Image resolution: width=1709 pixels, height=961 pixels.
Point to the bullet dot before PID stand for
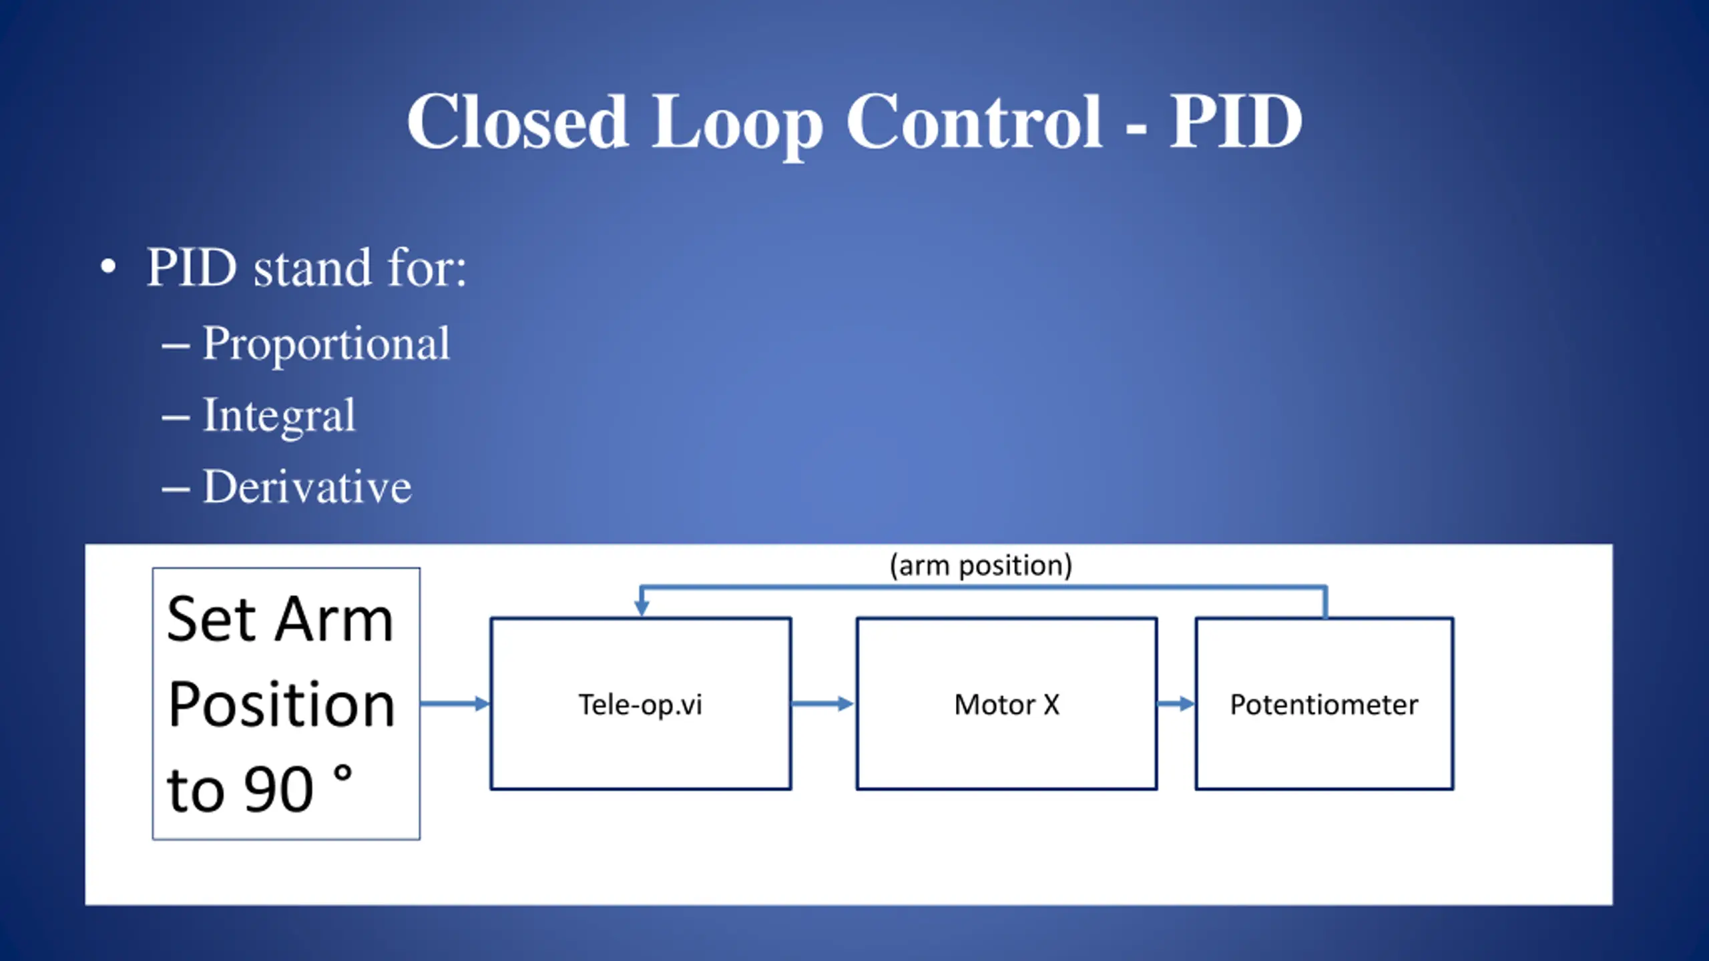[108, 268]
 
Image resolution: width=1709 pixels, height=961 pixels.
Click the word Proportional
[326, 344]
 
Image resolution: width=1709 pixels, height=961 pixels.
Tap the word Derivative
[307, 487]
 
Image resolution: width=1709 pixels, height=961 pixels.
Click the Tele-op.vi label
[640, 705]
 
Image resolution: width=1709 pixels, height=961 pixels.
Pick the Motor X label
[1007, 705]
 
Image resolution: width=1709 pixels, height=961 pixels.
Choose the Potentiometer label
[1324, 705]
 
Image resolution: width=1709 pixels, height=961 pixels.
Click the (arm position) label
[981, 565]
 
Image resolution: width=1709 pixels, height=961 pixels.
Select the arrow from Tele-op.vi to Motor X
[822, 703]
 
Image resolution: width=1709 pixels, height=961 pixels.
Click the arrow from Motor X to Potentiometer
[1176, 703]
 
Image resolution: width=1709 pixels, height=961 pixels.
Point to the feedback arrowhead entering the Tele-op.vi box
[641, 608]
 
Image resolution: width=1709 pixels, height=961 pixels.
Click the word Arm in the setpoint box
[334, 620]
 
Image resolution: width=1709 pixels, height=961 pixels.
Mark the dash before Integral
[176, 418]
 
